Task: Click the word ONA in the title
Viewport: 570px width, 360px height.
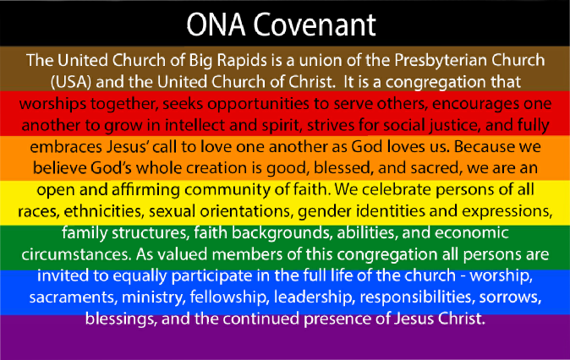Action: pyautogui.click(x=216, y=25)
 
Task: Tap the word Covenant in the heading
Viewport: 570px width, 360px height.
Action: pyautogui.click(x=315, y=25)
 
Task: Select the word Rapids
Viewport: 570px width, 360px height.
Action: pyautogui.click(x=241, y=61)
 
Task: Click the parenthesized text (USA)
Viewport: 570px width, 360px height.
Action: pyautogui.click(x=70, y=82)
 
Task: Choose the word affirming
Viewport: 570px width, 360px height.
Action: pyautogui.click(x=145, y=190)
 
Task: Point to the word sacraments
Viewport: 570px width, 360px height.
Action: pyautogui.click(x=73, y=297)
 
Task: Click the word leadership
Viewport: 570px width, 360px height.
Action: pyautogui.click(x=314, y=297)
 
